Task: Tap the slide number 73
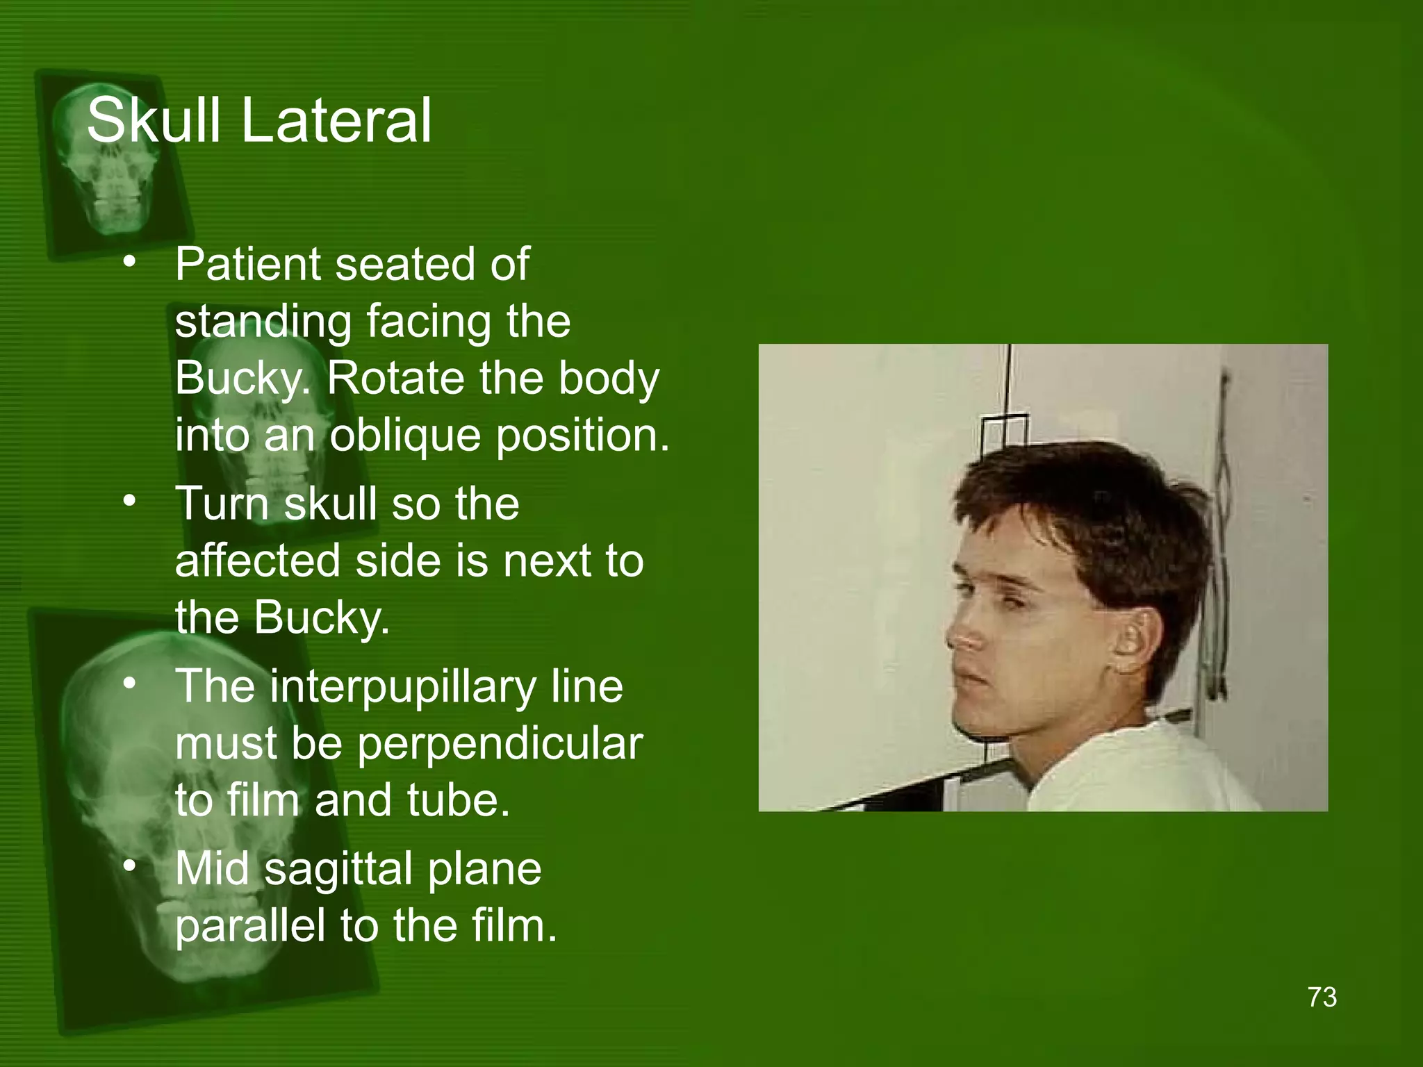pyautogui.click(x=1322, y=997)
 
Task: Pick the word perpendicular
pyautogui.click(x=500, y=745)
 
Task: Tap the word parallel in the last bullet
pyautogui.click(x=249, y=925)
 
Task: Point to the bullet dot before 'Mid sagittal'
pyautogui.click(x=129, y=866)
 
